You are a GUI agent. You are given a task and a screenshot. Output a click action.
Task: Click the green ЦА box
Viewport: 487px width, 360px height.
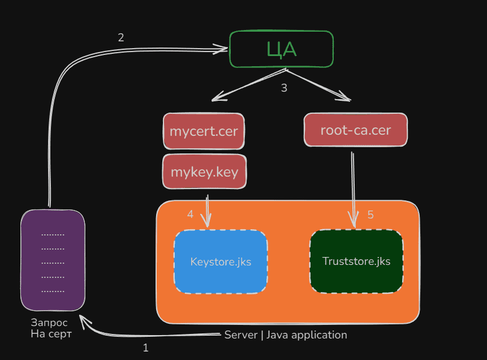tap(281, 49)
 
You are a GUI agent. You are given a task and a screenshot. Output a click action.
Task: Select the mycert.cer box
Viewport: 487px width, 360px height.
tap(204, 131)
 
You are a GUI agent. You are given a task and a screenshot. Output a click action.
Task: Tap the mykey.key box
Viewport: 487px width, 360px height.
tap(204, 171)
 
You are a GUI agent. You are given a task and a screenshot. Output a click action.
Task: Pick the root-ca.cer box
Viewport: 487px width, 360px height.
tap(356, 130)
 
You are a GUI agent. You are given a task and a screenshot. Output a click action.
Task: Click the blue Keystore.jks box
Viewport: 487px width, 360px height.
tap(221, 262)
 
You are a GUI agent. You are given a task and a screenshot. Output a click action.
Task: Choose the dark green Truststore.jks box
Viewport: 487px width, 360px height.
tap(356, 261)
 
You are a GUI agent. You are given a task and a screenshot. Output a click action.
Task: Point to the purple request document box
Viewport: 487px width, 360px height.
tap(53, 260)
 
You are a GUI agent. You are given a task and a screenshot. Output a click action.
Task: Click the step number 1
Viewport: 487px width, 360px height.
tap(145, 348)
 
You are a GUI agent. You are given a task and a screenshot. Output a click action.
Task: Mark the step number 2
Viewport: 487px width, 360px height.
tap(120, 38)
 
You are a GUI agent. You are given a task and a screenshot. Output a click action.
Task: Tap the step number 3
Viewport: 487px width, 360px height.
tap(284, 88)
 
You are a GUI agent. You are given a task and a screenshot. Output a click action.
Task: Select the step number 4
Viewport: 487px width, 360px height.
tap(190, 214)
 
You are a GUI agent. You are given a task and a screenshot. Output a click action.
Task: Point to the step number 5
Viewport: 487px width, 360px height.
tap(370, 215)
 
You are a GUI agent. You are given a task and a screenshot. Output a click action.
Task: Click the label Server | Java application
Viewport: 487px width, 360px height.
tap(286, 335)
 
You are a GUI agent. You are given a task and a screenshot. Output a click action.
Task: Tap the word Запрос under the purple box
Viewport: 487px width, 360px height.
tap(49, 323)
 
